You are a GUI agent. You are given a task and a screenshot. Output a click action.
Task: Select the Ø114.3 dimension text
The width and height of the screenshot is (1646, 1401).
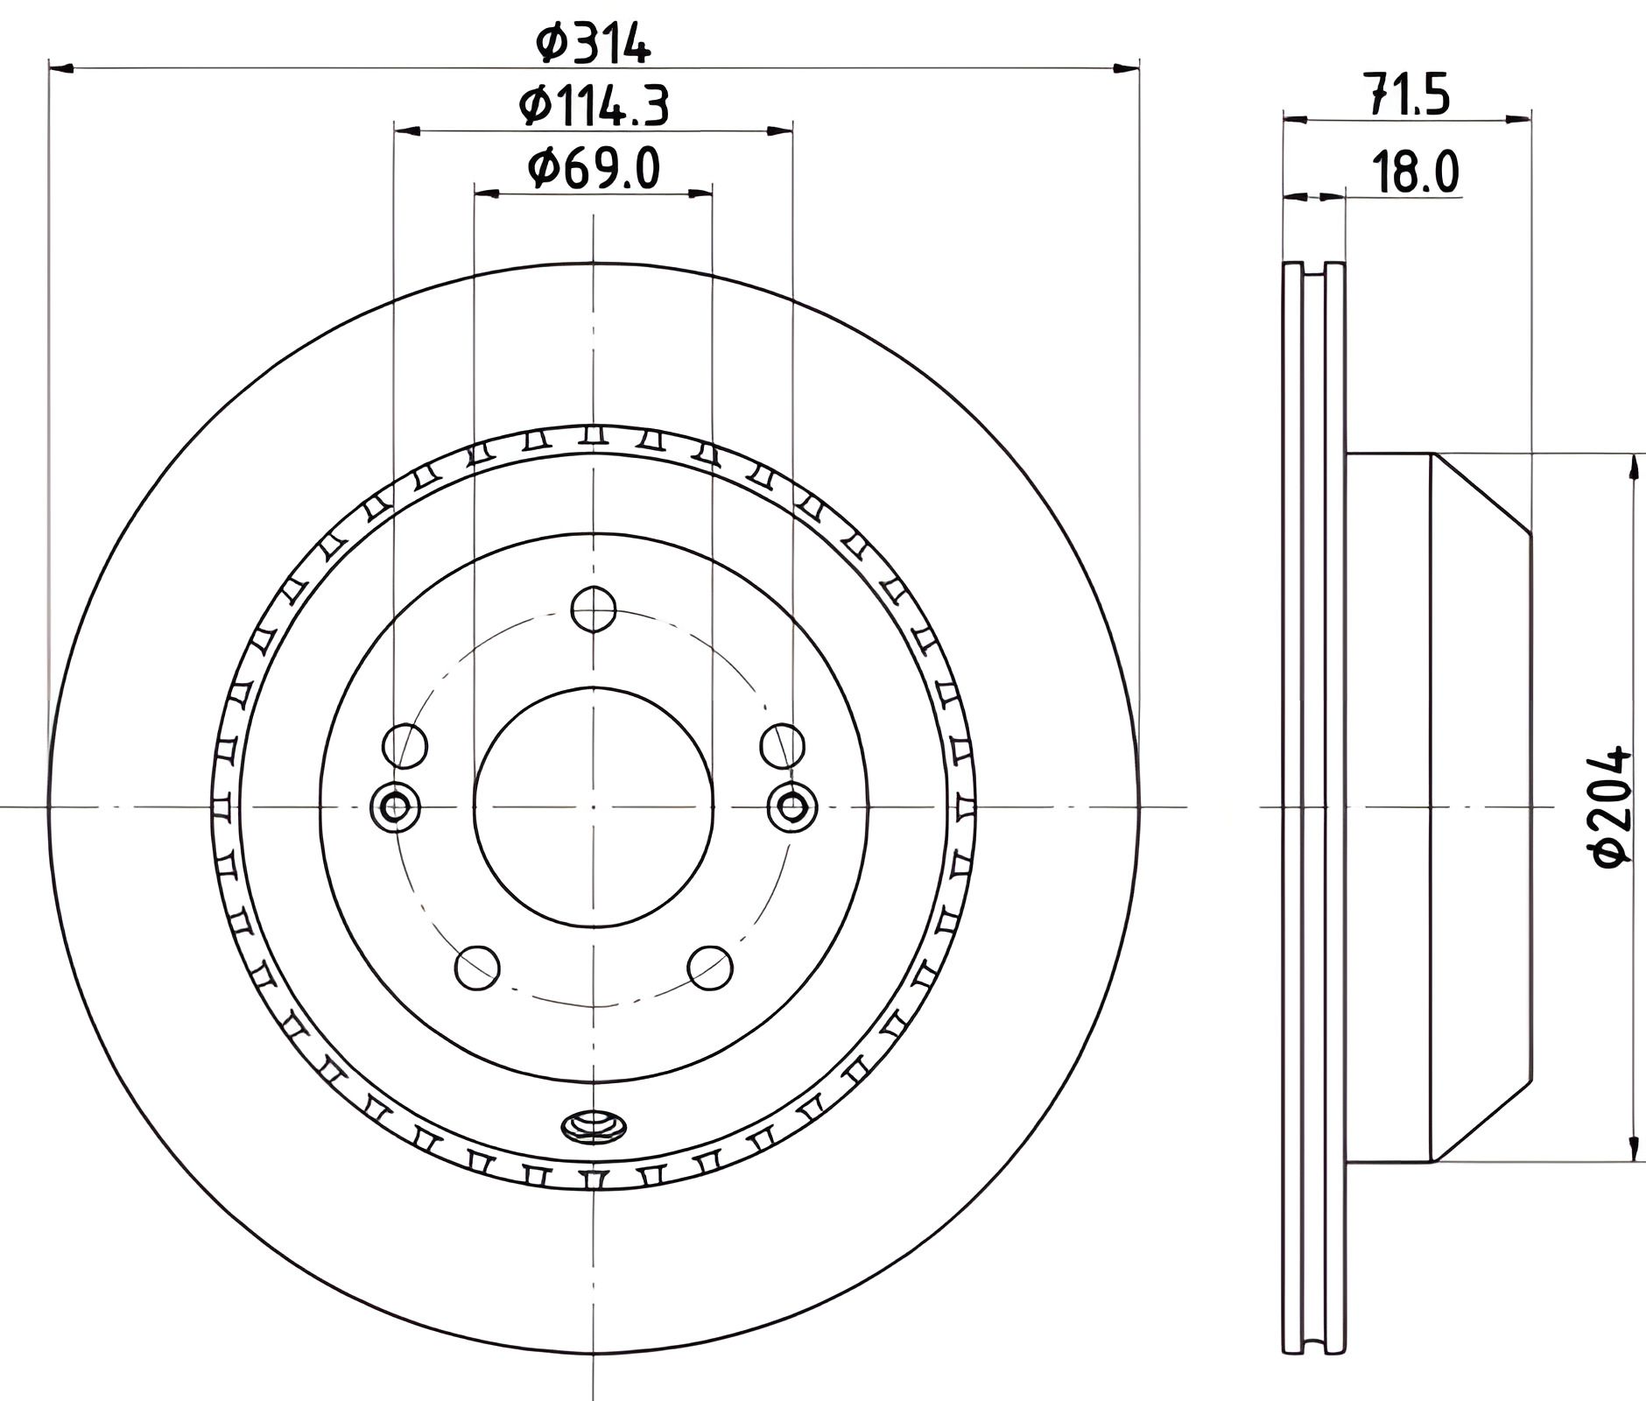pos(594,107)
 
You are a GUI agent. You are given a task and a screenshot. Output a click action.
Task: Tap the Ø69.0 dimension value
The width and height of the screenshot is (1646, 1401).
pos(594,168)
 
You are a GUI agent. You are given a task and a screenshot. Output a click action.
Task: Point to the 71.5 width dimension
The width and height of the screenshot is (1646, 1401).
pos(1407,96)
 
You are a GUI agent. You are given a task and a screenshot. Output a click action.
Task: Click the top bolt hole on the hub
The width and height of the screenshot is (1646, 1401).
pos(594,609)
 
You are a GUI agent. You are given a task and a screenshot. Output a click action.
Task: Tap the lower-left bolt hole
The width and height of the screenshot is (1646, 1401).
pos(478,968)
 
